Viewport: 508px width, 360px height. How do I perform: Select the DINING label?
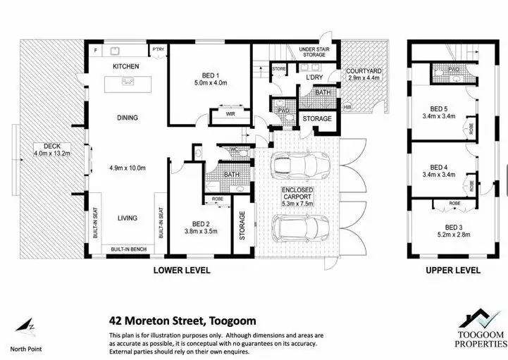tap(127, 118)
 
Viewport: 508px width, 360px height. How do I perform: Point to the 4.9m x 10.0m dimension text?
tap(127, 168)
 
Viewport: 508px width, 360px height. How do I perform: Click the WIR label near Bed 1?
tap(230, 113)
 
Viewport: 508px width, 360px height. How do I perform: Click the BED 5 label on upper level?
tap(440, 108)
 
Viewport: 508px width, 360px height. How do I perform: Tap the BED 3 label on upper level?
tap(440, 225)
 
